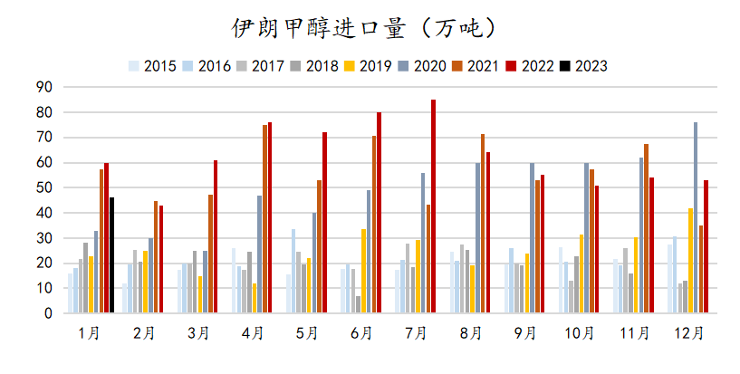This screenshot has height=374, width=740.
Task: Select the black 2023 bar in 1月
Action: [111, 254]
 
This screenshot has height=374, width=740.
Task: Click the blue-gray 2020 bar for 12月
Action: [696, 217]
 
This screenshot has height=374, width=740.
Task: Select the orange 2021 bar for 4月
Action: [264, 218]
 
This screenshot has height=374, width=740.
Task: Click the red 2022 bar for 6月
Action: [379, 213]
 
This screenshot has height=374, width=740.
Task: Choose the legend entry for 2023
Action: [583, 66]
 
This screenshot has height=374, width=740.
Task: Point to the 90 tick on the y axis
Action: [43, 88]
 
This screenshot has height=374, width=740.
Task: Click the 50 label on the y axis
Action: [43, 187]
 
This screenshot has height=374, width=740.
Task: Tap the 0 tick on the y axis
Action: [48, 313]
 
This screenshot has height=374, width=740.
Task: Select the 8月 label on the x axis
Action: [471, 333]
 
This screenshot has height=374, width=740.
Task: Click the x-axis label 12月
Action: [689, 333]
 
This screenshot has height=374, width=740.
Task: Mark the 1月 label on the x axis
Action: [89, 333]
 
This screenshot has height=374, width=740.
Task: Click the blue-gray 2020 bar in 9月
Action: [532, 237]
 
